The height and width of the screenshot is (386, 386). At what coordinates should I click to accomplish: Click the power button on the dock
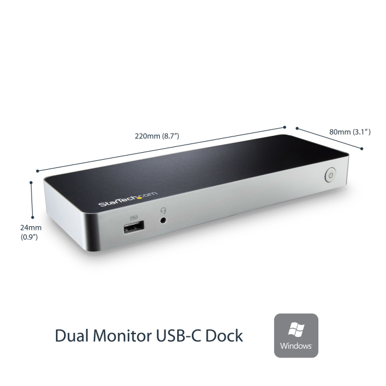331,175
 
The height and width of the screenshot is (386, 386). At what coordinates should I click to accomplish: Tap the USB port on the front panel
134,227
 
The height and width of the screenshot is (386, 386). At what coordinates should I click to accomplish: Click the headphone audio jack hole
163,220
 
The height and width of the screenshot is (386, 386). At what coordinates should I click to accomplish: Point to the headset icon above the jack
163,210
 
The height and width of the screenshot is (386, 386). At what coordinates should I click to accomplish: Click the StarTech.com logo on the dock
128,198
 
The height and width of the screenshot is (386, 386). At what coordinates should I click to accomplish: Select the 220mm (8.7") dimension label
157,136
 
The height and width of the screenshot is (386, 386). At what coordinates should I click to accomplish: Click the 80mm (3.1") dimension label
350,132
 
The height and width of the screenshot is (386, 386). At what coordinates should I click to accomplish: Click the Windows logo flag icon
296,329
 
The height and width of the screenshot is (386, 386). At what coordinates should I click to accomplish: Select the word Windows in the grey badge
296,346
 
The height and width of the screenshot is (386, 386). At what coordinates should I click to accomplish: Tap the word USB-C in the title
179,335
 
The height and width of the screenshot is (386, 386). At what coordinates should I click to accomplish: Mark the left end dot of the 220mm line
37,171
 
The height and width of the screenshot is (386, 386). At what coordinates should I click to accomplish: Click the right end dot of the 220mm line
285,127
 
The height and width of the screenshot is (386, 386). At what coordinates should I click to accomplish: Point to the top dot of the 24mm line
31,183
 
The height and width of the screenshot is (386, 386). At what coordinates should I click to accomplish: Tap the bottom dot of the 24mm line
33,217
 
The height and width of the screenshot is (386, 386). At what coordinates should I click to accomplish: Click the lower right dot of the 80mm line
362,149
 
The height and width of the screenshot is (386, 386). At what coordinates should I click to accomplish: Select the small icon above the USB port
134,218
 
